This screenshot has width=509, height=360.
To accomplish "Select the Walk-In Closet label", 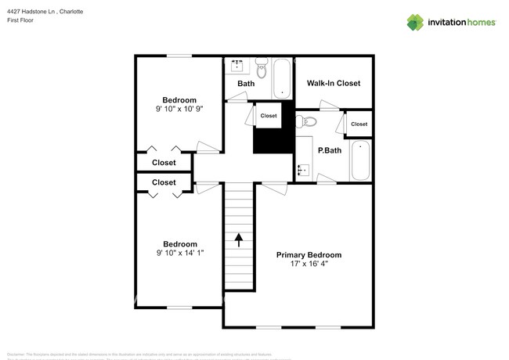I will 333,83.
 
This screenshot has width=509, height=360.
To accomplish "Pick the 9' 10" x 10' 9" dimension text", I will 179,110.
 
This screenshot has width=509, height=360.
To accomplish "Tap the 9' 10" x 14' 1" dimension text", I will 179,254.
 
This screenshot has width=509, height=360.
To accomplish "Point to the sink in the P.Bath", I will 303,168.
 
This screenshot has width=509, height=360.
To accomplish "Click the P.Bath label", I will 329,150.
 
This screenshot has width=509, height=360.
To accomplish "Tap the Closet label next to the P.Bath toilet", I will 359,124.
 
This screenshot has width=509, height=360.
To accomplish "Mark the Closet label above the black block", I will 269,115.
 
